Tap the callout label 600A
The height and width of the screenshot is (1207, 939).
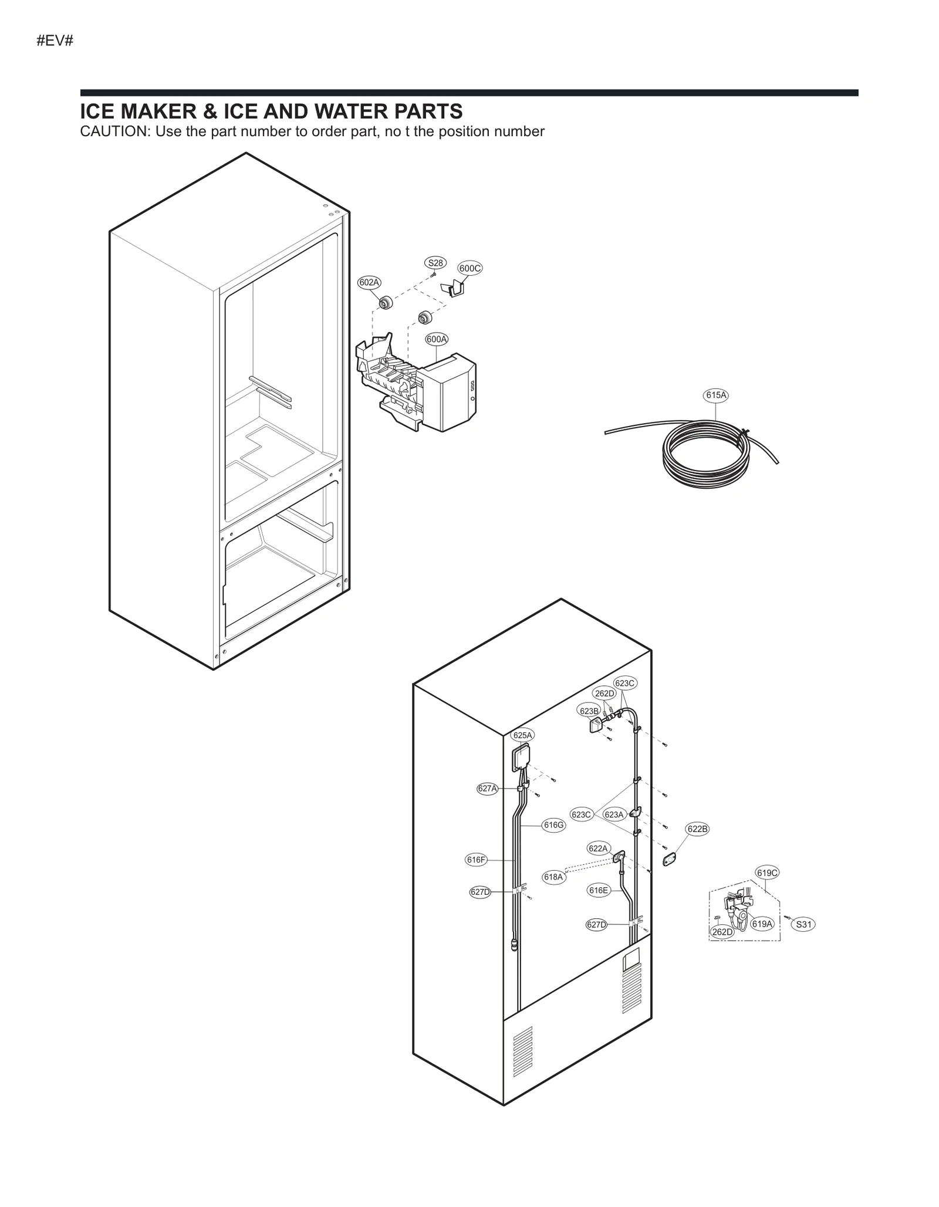(x=437, y=339)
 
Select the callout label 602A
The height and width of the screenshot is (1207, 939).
(x=369, y=282)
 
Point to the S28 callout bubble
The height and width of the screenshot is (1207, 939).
(x=435, y=263)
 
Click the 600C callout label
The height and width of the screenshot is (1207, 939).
(x=469, y=268)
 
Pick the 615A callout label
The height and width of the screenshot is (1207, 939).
(x=716, y=395)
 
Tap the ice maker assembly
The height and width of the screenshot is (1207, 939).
(x=417, y=387)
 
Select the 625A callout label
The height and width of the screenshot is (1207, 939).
(x=522, y=735)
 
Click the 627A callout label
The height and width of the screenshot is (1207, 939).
(x=487, y=789)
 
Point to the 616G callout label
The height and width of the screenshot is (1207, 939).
(x=553, y=825)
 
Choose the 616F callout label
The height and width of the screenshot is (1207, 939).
(x=476, y=860)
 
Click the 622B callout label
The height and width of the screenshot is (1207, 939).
(x=697, y=829)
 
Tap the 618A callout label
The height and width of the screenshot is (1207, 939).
(x=553, y=877)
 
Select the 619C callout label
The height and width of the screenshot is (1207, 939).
(x=767, y=873)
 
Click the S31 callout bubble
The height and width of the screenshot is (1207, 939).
(x=803, y=925)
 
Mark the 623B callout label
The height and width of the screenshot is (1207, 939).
(x=589, y=711)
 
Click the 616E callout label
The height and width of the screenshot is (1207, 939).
(x=599, y=890)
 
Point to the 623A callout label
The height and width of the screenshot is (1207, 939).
(x=614, y=814)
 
